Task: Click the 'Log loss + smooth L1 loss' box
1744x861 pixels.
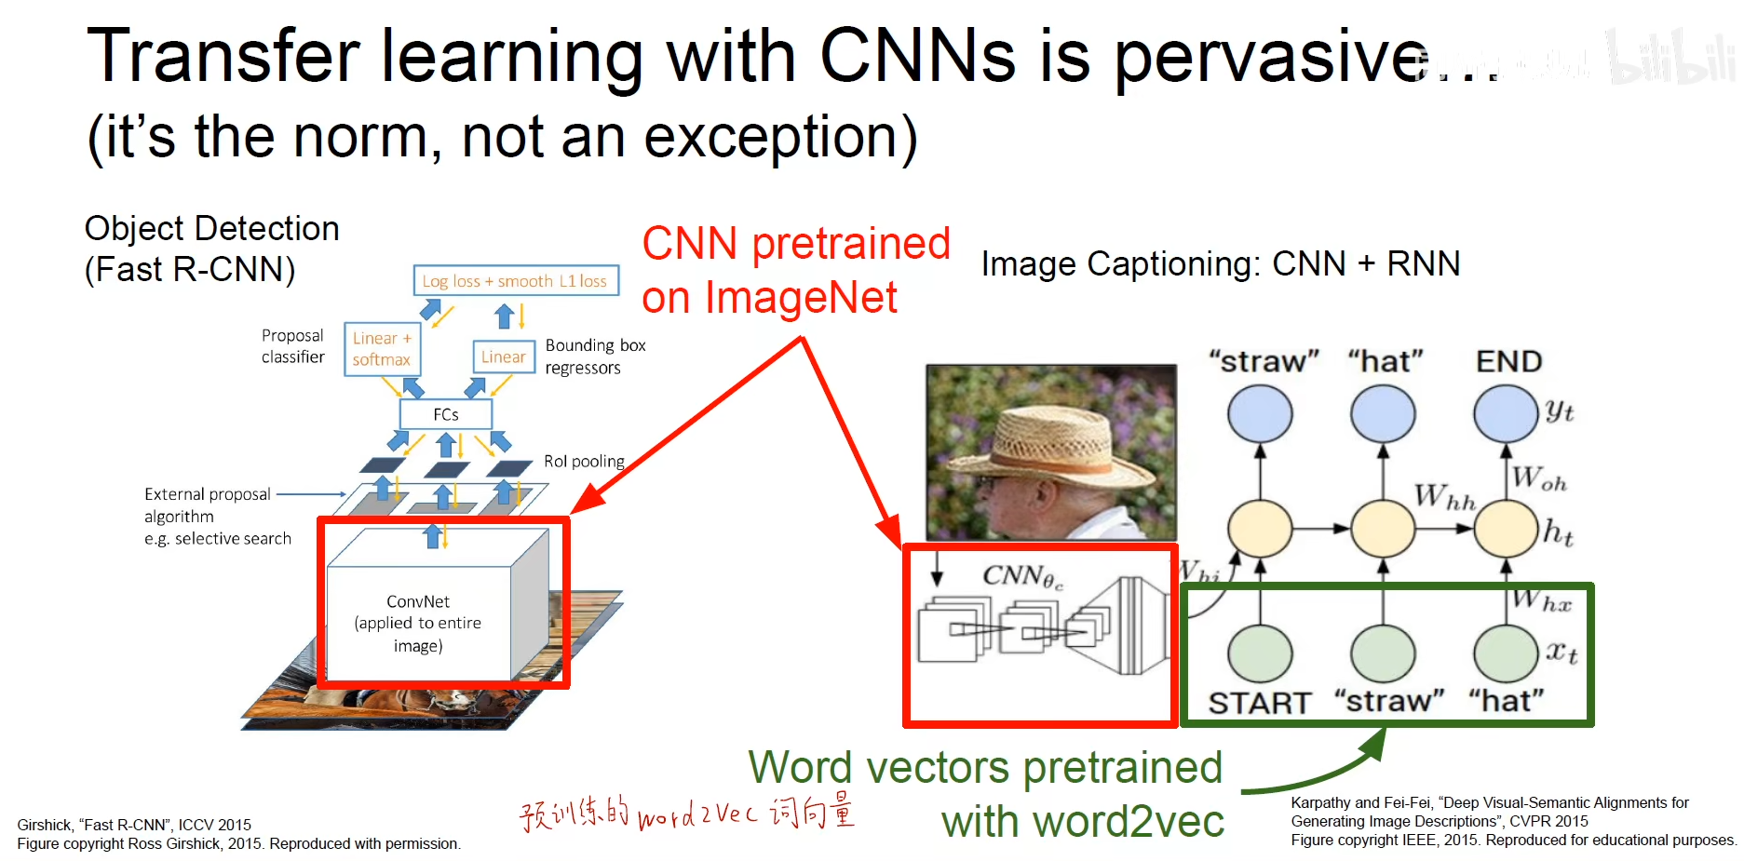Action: (x=516, y=280)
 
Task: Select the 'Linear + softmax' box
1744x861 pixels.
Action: (x=382, y=349)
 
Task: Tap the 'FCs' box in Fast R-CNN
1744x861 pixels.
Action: (x=445, y=414)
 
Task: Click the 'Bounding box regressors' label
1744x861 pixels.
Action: (x=595, y=357)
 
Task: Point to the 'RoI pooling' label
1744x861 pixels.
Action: (x=584, y=461)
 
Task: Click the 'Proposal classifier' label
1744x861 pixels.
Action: (x=292, y=346)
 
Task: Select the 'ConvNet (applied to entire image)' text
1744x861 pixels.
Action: (x=418, y=624)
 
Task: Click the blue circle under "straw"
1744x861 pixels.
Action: (x=1260, y=413)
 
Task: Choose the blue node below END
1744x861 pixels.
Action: (x=1506, y=413)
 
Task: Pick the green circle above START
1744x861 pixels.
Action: (x=1260, y=653)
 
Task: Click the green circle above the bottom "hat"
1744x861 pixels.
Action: (x=1506, y=653)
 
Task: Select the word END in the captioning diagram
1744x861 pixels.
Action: (x=1508, y=361)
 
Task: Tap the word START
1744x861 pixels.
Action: (x=1260, y=703)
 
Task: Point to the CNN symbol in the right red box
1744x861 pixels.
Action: (x=1021, y=577)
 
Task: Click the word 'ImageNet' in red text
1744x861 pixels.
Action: (x=801, y=298)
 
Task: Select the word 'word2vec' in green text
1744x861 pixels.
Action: (x=1129, y=822)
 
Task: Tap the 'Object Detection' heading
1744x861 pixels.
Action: (x=212, y=228)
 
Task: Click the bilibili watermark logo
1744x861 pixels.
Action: (x=1671, y=58)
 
